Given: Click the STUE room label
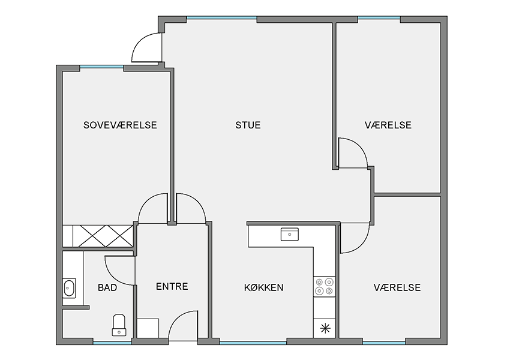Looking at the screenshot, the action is point(248,125).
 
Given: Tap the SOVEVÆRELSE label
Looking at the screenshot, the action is point(120,125).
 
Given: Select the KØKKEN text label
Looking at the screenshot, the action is point(264,287).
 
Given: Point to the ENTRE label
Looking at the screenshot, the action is point(172,287).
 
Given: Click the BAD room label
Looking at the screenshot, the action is point(107,287).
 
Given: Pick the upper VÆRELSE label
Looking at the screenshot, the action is point(388,125).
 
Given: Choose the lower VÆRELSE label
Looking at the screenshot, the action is point(397,287).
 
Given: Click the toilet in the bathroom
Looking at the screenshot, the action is point(119,325).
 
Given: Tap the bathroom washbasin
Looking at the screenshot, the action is point(69,288).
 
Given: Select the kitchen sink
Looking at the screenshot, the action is point(289,234).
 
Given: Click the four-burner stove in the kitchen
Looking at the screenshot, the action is point(324,287).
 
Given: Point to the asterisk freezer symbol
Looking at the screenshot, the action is point(325,329).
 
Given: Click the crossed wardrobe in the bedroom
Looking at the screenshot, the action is point(103,236).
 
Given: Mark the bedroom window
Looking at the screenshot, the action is point(102,67).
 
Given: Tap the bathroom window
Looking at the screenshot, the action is point(113,343).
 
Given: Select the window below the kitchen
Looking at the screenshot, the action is point(253,343).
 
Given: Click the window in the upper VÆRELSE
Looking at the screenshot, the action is point(379,18).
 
